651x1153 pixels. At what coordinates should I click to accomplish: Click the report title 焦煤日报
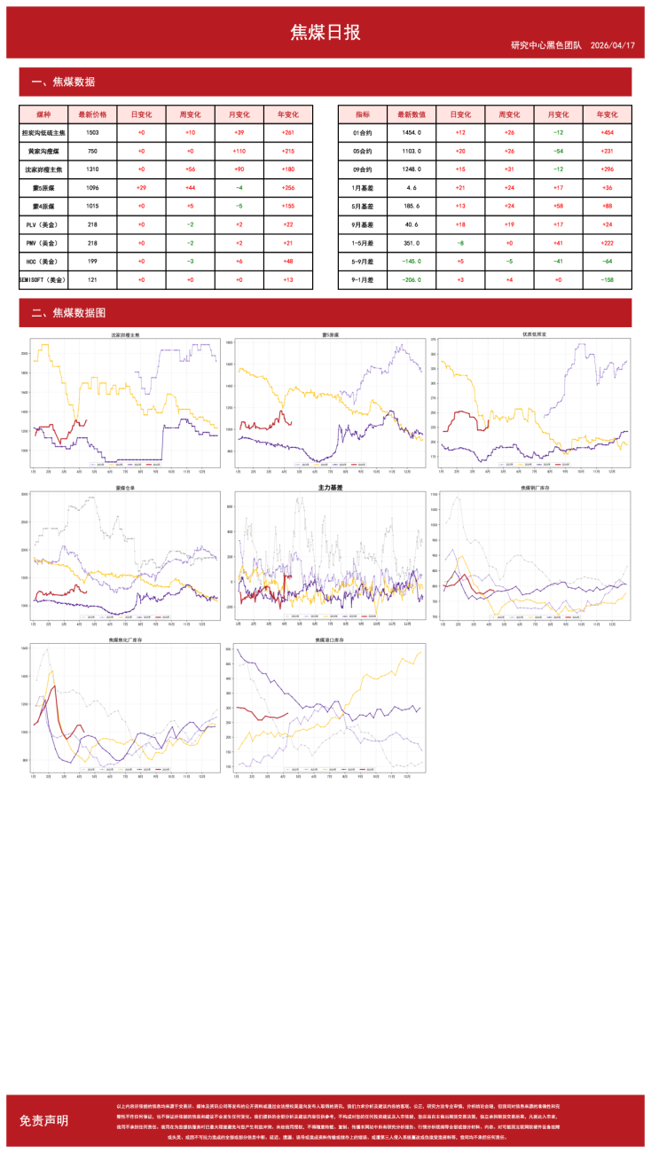click(325, 32)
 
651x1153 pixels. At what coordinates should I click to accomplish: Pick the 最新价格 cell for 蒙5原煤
click(92, 187)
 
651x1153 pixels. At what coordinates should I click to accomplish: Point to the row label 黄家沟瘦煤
click(43, 151)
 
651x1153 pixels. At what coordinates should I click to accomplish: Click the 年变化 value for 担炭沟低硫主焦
click(288, 132)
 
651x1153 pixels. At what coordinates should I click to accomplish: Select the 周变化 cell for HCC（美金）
click(190, 261)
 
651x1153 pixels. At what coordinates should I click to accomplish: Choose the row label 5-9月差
click(363, 261)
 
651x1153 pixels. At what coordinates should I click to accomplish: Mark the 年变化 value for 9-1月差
click(607, 279)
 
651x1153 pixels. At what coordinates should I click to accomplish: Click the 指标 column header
click(363, 114)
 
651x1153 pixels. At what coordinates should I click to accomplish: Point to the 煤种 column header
click(43, 114)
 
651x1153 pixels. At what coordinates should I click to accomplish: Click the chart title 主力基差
click(329, 488)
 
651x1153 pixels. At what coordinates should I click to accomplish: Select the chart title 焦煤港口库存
click(329, 639)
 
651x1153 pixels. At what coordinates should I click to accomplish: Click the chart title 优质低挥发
click(535, 335)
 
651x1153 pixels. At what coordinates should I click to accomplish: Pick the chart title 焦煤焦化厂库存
click(122, 639)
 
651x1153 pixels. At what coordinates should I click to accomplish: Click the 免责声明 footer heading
click(43, 1120)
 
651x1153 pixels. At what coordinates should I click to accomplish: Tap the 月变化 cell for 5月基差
click(558, 206)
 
